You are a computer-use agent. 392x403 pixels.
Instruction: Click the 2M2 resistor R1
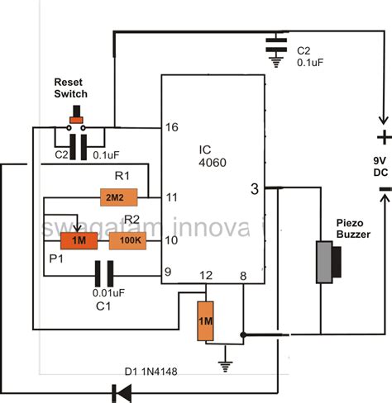coord(115,198)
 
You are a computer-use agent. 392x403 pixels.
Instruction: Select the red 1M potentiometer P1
coord(78,240)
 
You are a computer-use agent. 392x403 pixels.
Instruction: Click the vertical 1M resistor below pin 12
coord(207,321)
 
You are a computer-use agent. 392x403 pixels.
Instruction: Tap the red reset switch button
coord(78,121)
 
